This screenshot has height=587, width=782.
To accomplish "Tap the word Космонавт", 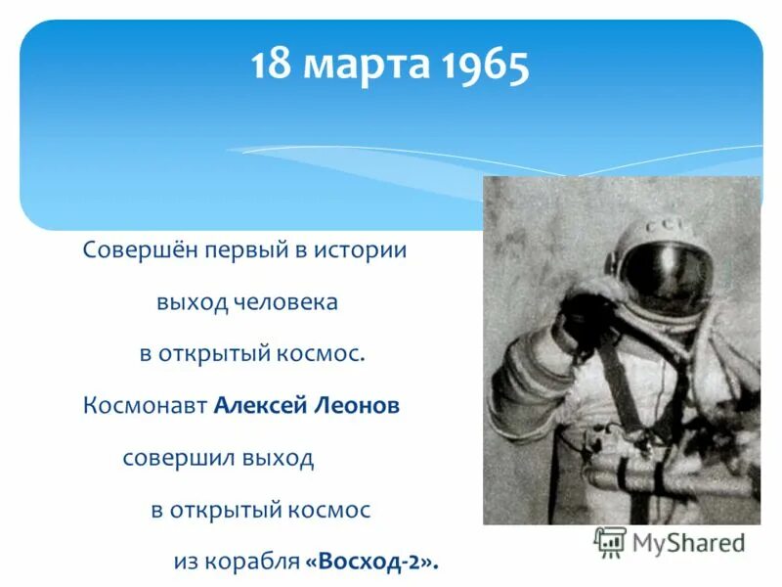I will tap(146, 406).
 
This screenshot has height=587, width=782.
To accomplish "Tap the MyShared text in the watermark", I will tap(688, 542).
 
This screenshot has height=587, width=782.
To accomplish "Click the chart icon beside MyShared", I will tap(610, 542).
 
